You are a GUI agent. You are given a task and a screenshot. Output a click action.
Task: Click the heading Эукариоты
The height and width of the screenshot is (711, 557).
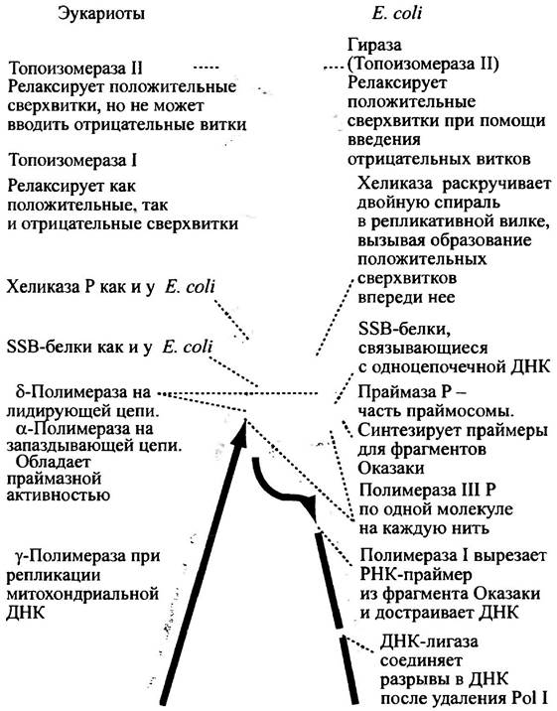[101, 14]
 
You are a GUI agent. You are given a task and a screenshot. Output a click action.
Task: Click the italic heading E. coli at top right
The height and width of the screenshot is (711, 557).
[396, 13]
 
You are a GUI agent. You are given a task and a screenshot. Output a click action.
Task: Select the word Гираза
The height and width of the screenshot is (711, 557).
[374, 46]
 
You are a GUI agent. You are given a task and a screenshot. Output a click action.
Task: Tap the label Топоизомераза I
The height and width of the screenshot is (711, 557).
[72, 161]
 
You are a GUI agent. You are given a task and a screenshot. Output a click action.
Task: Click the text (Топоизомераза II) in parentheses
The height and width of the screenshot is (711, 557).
[423, 65]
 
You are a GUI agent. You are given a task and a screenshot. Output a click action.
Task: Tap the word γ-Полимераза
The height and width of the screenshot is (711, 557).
[77, 556]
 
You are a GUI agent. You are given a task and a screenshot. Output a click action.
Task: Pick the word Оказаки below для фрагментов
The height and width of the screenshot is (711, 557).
[391, 468]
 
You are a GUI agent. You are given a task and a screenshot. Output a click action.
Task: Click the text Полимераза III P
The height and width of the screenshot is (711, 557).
[427, 491]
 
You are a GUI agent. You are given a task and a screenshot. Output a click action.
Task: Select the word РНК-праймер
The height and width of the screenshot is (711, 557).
[416, 575]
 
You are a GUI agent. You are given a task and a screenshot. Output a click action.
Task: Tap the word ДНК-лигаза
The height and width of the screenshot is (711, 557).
[429, 642]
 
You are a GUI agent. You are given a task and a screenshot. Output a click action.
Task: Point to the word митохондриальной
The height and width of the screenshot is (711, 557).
[82, 594]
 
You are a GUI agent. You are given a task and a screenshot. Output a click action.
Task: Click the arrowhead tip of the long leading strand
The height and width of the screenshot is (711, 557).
[245, 420]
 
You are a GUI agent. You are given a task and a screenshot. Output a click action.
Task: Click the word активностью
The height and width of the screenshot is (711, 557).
[59, 495]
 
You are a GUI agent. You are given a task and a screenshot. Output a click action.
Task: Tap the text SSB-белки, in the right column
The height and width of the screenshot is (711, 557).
[405, 330]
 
